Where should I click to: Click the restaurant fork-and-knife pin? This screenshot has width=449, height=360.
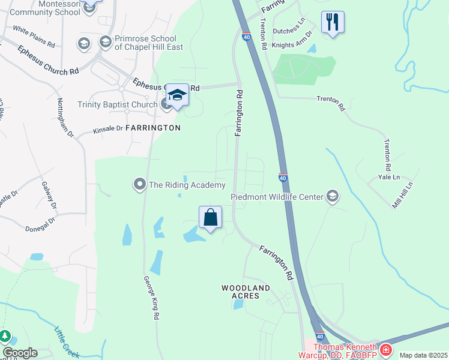point(332,23)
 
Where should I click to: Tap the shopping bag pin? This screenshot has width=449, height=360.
point(211,218)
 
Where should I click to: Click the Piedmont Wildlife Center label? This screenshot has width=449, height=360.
point(277,197)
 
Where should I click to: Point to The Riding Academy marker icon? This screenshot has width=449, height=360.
point(140,185)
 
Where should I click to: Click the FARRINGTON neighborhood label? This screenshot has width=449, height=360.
point(153,128)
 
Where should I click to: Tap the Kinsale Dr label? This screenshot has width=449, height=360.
point(108,128)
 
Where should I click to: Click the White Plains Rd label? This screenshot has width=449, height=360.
point(34,37)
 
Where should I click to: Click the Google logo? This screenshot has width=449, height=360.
point(20,353)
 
